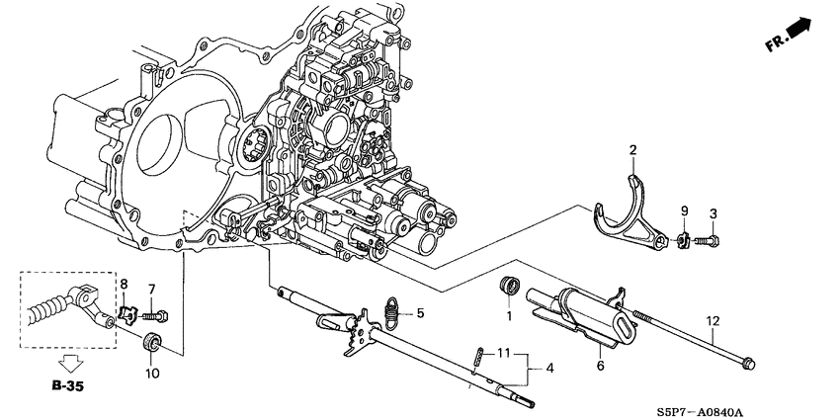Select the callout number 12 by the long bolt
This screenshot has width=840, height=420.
tap(713, 321)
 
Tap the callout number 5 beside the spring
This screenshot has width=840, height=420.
tap(420, 314)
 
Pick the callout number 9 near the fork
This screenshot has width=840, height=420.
tap(682, 210)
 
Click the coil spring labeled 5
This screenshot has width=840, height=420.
tap(393, 312)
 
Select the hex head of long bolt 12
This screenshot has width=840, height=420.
tap(745, 363)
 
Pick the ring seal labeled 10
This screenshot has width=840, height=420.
tap(153, 345)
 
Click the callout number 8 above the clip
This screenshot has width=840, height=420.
tap(125, 285)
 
